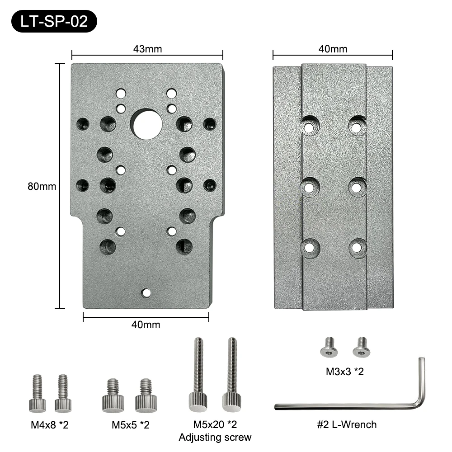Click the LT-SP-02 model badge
[x=54, y=21]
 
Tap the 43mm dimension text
[x=147, y=49]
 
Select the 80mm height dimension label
[x=42, y=186]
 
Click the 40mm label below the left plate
[x=146, y=325]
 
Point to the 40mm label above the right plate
[x=333, y=49]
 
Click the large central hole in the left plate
[x=147, y=125]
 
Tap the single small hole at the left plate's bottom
[x=146, y=293]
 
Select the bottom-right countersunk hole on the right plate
[x=357, y=247]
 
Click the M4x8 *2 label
[x=50, y=424]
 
